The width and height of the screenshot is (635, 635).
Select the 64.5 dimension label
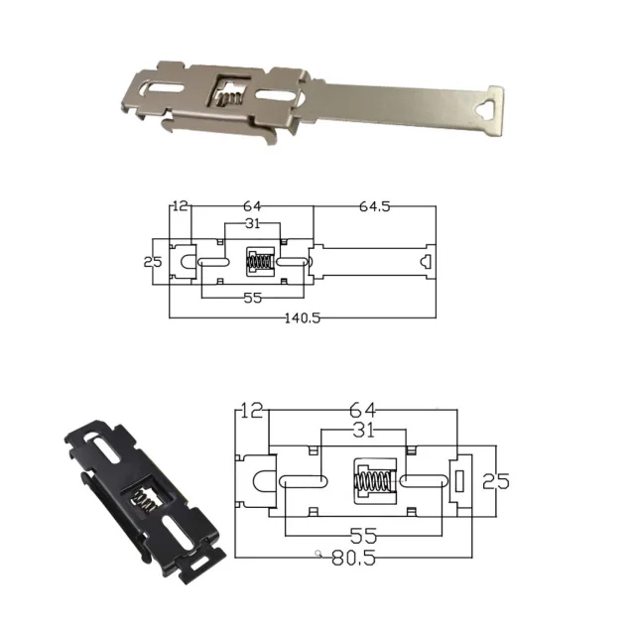tap(375, 206)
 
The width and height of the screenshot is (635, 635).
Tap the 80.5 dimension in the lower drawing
tap(354, 558)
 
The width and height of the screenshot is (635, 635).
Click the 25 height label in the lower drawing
tap(496, 481)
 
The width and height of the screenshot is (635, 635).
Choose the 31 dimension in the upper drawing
tap(252, 224)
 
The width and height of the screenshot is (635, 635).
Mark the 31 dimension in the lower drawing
tap(362, 431)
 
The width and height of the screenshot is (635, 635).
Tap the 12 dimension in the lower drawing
tap(252, 410)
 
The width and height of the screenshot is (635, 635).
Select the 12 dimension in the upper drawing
tap(180, 206)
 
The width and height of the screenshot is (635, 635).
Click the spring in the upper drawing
tap(261, 264)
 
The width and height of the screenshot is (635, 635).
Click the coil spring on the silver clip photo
tap(228, 96)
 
